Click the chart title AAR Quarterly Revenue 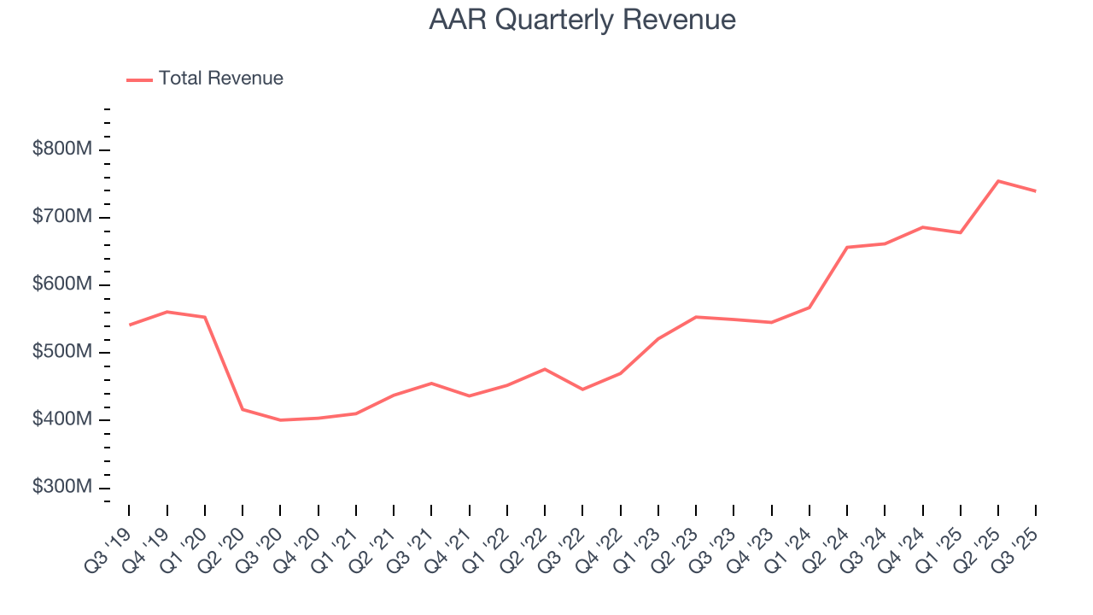[582, 20]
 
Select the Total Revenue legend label [220, 79]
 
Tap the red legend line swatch [139, 79]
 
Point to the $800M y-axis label [61, 149]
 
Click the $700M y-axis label [61, 217]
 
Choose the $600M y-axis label [61, 284]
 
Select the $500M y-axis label [61, 352]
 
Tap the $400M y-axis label [61, 419]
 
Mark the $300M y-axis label [61, 487]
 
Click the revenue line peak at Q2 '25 [998, 181]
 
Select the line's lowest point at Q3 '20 [280, 420]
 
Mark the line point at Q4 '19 [167, 312]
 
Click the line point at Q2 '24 [847, 248]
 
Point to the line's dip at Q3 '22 [582, 389]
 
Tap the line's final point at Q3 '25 [1036, 191]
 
